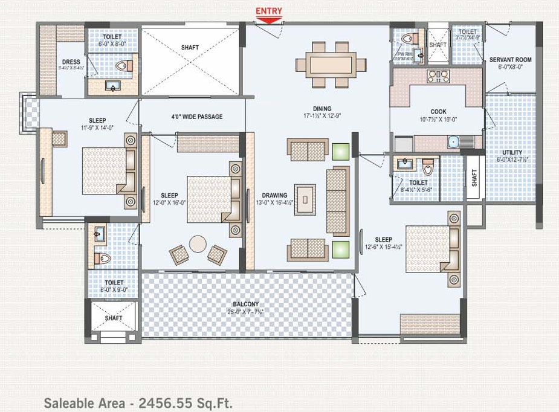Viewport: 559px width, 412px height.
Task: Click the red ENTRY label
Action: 269,11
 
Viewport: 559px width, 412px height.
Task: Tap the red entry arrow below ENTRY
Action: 269,21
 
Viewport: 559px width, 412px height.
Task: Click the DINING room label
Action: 322,109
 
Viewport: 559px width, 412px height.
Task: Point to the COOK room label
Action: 439,111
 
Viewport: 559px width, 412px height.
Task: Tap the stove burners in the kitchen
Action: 439,76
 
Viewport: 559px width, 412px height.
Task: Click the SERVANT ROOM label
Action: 511,60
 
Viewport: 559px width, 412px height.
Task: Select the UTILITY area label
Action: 512,152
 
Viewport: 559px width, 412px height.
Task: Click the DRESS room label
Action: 71,62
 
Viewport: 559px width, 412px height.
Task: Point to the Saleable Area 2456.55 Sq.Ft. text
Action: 138,403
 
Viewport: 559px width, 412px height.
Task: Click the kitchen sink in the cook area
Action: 453,143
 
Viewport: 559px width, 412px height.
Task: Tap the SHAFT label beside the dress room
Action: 190,48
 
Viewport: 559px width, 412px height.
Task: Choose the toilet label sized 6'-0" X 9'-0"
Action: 114,290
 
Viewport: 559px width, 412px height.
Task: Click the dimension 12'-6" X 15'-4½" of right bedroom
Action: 383,247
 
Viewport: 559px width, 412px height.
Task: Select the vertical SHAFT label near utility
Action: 474,177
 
